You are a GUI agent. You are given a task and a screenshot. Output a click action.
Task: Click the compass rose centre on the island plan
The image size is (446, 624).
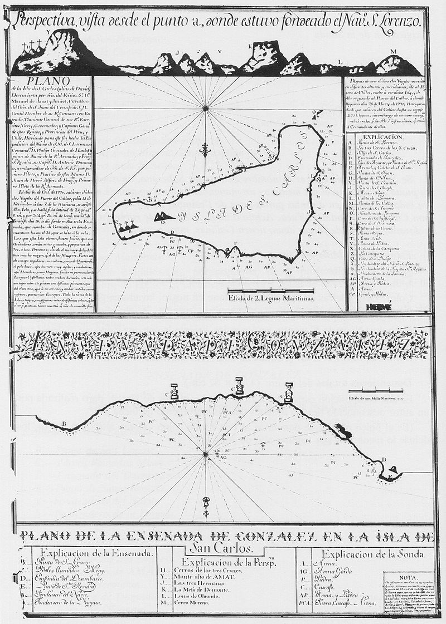tap(206, 108)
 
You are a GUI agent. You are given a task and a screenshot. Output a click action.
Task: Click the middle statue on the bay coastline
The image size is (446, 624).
tap(239, 386)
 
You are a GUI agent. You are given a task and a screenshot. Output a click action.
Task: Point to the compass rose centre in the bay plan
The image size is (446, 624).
tap(205, 455)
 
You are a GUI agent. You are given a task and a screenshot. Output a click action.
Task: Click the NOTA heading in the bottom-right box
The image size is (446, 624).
tap(408, 576)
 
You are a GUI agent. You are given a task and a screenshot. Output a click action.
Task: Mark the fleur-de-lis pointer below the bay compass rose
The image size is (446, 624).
tap(205, 503)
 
